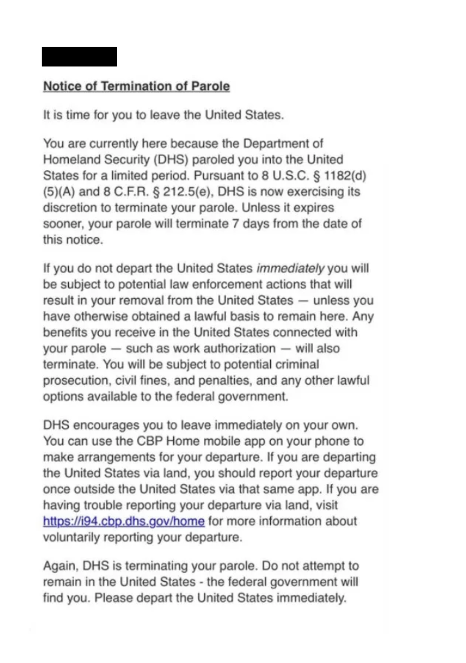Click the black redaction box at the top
(79, 57)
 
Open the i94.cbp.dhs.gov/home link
(124, 521)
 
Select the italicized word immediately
(290, 268)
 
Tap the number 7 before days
(234, 223)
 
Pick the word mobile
(223, 441)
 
